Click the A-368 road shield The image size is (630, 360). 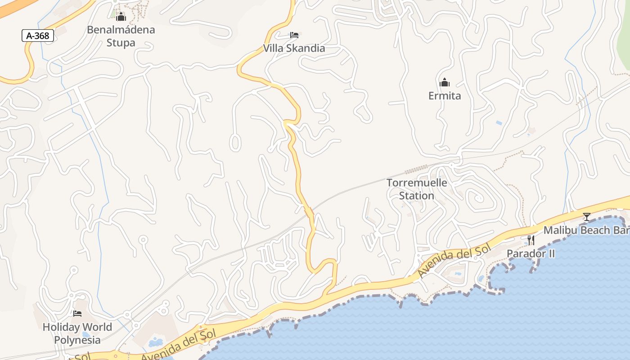(x=38, y=36)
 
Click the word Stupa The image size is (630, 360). (x=121, y=43)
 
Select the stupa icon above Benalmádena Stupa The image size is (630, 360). (x=121, y=17)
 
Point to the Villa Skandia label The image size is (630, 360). (x=294, y=48)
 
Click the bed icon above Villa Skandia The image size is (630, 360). (x=294, y=35)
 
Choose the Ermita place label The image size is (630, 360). (x=444, y=96)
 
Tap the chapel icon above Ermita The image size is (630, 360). (x=444, y=82)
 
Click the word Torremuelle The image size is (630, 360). (x=417, y=183)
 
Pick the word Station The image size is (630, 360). (x=417, y=196)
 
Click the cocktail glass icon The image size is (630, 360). (x=586, y=217)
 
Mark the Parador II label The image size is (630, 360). (x=531, y=253)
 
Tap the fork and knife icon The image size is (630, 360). (x=531, y=240)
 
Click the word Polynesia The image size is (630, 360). (x=77, y=339)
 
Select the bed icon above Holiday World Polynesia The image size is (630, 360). (x=77, y=313)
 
